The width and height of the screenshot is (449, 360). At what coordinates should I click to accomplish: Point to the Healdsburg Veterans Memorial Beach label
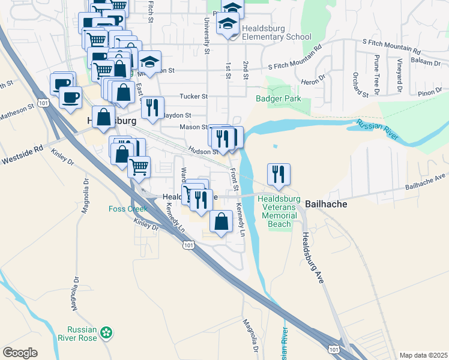pos(278,211)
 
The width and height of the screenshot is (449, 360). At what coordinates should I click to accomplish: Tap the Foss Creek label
pos(128,209)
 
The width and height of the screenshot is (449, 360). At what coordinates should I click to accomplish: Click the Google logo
pos(20,352)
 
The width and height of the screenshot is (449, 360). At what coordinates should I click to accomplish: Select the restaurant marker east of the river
pos(279,175)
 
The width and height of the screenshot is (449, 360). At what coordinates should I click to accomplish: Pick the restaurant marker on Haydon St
pos(152,108)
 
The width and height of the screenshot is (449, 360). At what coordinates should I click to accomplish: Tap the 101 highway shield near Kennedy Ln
pos(188,245)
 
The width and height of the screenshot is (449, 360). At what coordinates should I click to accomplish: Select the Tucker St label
pos(193,96)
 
